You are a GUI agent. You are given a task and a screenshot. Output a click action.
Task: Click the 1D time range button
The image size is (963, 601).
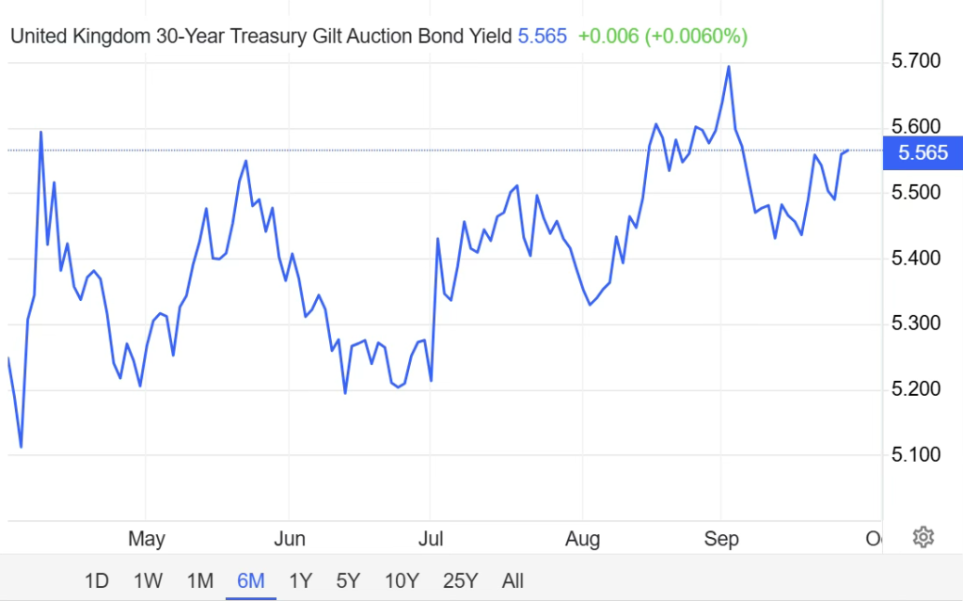click(97, 580)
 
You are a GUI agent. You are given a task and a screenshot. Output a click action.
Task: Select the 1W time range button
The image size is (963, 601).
click(149, 580)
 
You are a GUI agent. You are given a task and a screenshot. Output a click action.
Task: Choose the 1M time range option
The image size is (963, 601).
click(200, 580)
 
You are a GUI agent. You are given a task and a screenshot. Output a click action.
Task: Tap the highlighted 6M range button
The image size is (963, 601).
click(251, 580)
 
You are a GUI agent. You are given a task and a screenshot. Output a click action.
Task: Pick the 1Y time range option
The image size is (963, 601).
click(300, 580)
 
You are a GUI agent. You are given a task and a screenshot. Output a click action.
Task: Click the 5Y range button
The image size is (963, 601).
click(349, 580)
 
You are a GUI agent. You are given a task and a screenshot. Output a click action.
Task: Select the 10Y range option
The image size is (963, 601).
click(403, 580)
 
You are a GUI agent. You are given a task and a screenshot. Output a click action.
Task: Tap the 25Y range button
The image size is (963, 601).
click(460, 580)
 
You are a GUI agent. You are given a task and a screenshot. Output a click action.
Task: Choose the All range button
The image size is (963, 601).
click(513, 580)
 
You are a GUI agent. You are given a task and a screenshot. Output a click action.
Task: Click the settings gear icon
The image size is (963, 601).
click(924, 537)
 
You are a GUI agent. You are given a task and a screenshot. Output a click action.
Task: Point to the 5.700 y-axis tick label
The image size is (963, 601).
click(916, 61)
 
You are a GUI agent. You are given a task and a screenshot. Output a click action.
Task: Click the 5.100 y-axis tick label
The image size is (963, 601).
click(916, 455)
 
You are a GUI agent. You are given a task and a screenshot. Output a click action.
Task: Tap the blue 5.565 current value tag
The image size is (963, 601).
click(923, 152)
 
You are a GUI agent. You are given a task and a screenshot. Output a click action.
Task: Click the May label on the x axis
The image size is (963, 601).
click(146, 539)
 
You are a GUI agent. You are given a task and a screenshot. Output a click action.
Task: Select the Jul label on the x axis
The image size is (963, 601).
click(431, 539)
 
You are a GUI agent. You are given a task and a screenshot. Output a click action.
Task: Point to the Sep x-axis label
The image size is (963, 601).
click(721, 539)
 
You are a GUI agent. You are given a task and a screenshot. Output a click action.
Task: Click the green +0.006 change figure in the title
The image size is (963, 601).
click(608, 37)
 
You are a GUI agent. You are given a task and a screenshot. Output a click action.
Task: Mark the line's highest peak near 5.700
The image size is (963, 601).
click(729, 66)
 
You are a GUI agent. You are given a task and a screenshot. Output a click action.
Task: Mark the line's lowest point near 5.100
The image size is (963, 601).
click(21, 447)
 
